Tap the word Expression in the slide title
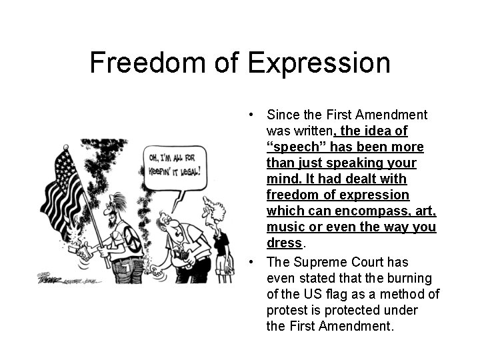point(319,63)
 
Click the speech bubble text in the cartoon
point(175,165)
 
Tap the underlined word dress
point(285,243)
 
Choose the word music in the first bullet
point(284,227)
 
